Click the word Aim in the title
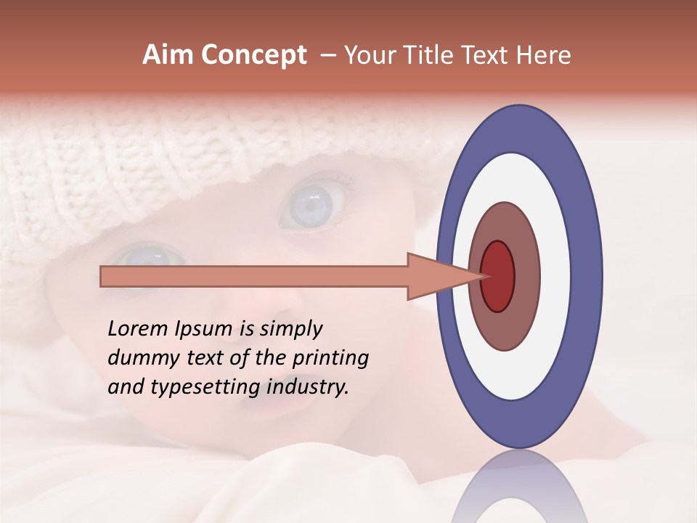[x=168, y=54]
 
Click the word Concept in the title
[x=253, y=54]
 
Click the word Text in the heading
[x=486, y=54]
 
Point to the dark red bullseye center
[x=498, y=277]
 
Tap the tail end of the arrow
[x=102, y=277]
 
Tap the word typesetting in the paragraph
[x=205, y=387]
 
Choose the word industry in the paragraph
[x=307, y=387]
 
